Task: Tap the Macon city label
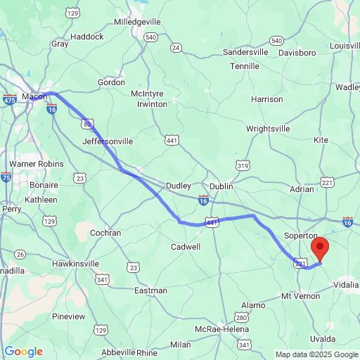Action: [34, 96]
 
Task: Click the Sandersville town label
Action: [245, 52]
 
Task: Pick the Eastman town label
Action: [150, 290]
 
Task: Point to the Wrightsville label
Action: [271, 129]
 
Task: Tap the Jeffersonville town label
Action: [108, 141]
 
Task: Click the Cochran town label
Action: [105, 233]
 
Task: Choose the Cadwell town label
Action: [186, 247]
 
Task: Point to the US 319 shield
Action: [243, 165]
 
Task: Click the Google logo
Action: [23, 352]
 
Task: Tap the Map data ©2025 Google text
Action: [316, 354]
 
